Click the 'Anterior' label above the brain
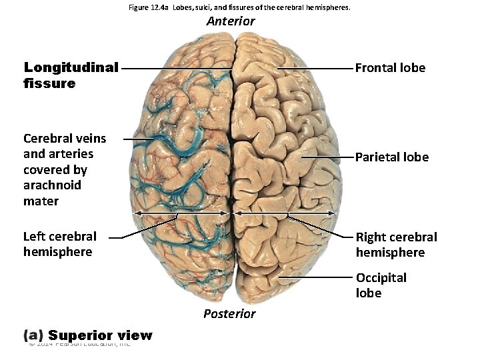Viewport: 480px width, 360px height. point(231,21)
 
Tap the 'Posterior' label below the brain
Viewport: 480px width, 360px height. point(229,313)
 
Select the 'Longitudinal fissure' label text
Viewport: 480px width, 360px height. point(71,75)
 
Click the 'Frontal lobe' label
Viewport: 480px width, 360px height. point(390,68)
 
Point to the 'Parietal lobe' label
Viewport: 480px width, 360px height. point(391,157)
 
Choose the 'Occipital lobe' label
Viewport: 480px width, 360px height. point(381,285)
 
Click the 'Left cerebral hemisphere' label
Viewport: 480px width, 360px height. point(59,244)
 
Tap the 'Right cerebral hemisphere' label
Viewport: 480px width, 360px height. point(396,245)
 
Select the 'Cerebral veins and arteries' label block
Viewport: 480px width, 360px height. point(64,169)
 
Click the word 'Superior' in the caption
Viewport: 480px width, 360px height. point(82,335)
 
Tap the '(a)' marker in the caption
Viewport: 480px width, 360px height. point(34,335)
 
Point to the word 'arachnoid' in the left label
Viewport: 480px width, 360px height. point(52,185)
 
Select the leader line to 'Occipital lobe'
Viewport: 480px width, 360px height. point(317,276)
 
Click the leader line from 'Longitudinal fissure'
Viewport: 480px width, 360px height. point(177,68)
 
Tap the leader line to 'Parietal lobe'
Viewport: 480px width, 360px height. point(327,157)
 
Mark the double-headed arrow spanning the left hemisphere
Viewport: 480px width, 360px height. point(181,213)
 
